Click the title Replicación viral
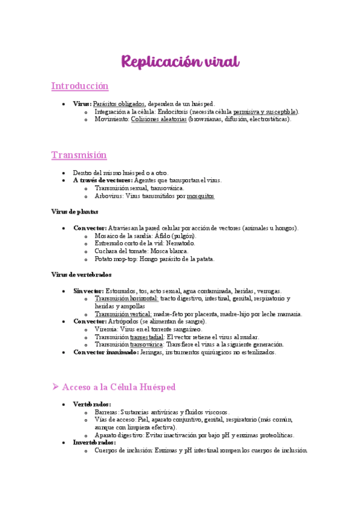(x=180, y=62)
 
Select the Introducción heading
(x=80, y=86)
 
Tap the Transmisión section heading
(x=79, y=155)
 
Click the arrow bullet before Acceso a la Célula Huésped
(x=55, y=387)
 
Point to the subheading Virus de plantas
(x=75, y=212)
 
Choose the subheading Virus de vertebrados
(x=81, y=274)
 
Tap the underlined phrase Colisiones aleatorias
(x=159, y=119)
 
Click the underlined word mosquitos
(x=201, y=196)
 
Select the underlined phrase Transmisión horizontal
(x=126, y=298)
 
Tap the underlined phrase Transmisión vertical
(x=123, y=314)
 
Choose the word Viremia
(x=106, y=330)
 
